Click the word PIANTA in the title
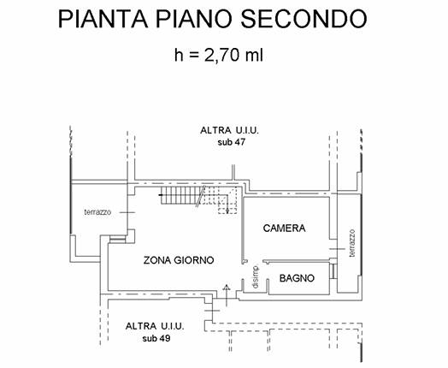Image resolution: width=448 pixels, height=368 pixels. point(103,19)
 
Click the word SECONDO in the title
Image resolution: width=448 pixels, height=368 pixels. point(304,19)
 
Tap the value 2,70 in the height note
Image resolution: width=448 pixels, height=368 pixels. point(221,56)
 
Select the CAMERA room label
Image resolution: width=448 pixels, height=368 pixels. point(285,229)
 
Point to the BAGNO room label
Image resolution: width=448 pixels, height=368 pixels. point(297,278)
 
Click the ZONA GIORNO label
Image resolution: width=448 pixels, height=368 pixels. point(179,260)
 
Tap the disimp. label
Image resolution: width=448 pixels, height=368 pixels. point(256,276)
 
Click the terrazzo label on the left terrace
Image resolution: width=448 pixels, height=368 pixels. point(97,212)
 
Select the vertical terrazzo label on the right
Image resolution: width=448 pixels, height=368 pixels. point(352,243)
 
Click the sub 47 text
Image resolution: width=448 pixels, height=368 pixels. point(232,142)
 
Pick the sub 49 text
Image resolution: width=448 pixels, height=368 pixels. point(156,339)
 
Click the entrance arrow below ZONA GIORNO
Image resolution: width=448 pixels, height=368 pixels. point(227,295)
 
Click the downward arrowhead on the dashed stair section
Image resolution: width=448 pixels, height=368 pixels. point(227,211)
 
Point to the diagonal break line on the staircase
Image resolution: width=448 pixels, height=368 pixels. point(201,196)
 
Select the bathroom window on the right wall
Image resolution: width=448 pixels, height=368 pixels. point(333,271)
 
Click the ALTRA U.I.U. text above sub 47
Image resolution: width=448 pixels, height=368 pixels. point(229,130)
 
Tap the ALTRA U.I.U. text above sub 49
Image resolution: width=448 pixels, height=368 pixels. point(155,326)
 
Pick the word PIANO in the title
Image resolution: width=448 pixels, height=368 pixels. point(193,19)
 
